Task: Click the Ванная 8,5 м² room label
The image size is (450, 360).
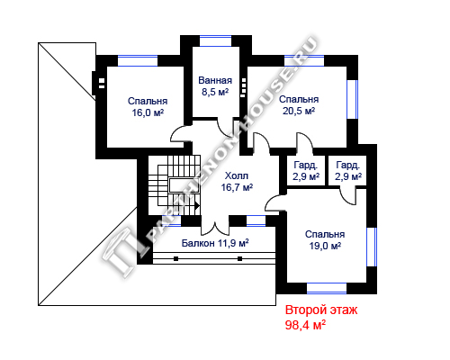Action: click(x=215, y=86)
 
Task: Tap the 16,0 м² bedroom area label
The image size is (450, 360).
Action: click(x=148, y=112)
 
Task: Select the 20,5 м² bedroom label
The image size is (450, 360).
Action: click(x=299, y=111)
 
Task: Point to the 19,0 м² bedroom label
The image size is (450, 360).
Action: click(x=325, y=246)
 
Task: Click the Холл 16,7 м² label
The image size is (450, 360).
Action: click(x=237, y=182)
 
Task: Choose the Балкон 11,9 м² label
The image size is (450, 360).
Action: click(x=215, y=243)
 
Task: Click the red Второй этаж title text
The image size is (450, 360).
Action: click(x=321, y=310)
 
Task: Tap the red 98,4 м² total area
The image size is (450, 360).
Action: click(x=305, y=325)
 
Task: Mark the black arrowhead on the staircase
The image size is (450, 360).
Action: click(x=197, y=206)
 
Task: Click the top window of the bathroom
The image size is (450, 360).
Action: click(x=215, y=41)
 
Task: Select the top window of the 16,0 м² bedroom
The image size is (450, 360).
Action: click(x=138, y=61)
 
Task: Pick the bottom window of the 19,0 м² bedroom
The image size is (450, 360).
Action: click(x=327, y=288)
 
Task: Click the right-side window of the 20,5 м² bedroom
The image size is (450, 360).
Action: click(x=353, y=99)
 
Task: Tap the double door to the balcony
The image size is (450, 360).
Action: click(x=215, y=229)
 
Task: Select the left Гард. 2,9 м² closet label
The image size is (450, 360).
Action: click(x=306, y=171)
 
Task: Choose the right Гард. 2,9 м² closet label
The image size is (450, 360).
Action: click(x=348, y=171)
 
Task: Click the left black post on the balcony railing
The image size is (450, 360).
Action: click(x=176, y=258)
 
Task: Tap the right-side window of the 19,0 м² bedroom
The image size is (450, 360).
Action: click(x=372, y=247)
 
